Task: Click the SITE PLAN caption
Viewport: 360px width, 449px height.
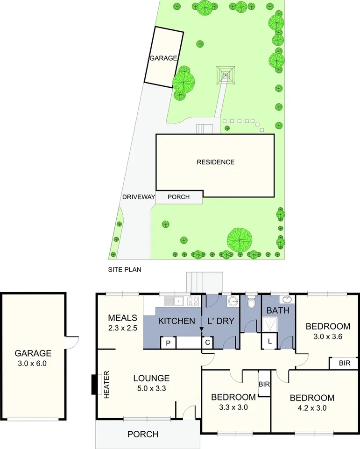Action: coord(125,269)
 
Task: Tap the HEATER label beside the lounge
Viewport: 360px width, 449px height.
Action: coord(106,384)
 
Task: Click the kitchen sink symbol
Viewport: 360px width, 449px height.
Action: coord(179,301)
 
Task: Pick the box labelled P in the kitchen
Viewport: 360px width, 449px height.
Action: coord(168,343)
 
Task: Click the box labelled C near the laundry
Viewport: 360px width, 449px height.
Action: coord(207,343)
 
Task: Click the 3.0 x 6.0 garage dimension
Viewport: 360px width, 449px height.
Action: coord(33,364)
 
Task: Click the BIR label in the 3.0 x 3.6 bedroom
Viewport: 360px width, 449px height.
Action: coord(344,363)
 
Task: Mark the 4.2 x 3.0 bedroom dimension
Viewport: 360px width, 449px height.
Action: coord(312,407)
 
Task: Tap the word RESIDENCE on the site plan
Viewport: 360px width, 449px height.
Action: coord(215,162)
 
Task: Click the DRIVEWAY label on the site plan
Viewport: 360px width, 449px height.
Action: coord(138,197)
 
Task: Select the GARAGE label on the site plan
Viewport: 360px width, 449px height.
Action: coord(163,58)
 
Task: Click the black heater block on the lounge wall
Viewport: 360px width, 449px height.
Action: coord(94,385)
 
